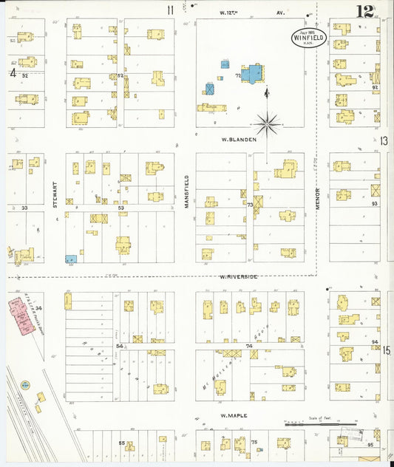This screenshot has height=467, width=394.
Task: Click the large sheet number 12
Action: coord(364,12)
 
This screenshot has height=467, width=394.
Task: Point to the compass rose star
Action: coord(267,123)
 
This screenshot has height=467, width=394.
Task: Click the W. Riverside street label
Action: coord(238,276)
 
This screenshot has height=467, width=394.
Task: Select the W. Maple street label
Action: coord(234,416)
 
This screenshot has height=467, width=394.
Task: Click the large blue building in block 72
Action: coord(254,74)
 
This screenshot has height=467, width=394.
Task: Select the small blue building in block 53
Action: coord(71,259)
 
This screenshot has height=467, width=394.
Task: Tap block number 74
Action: coord(249,345)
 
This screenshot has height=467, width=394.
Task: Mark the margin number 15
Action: coord(386,350)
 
